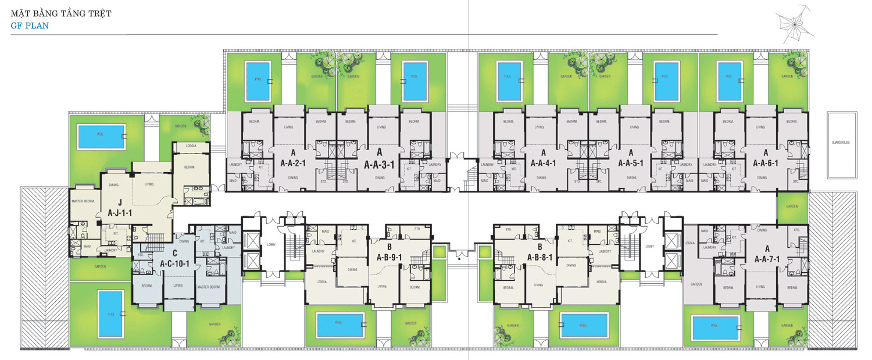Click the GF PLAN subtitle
[x=29, y=26]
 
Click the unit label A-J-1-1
[x=120, y=213]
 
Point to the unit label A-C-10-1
[x=175, y=263]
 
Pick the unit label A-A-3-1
[x=379, y=164]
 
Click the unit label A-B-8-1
[x=540, y=257]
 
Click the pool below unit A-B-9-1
[x=338, y=325]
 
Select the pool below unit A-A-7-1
[x=715, y=329]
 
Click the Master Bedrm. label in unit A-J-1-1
[x=83, y=201]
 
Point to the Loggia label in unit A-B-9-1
[x=321, y=281]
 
